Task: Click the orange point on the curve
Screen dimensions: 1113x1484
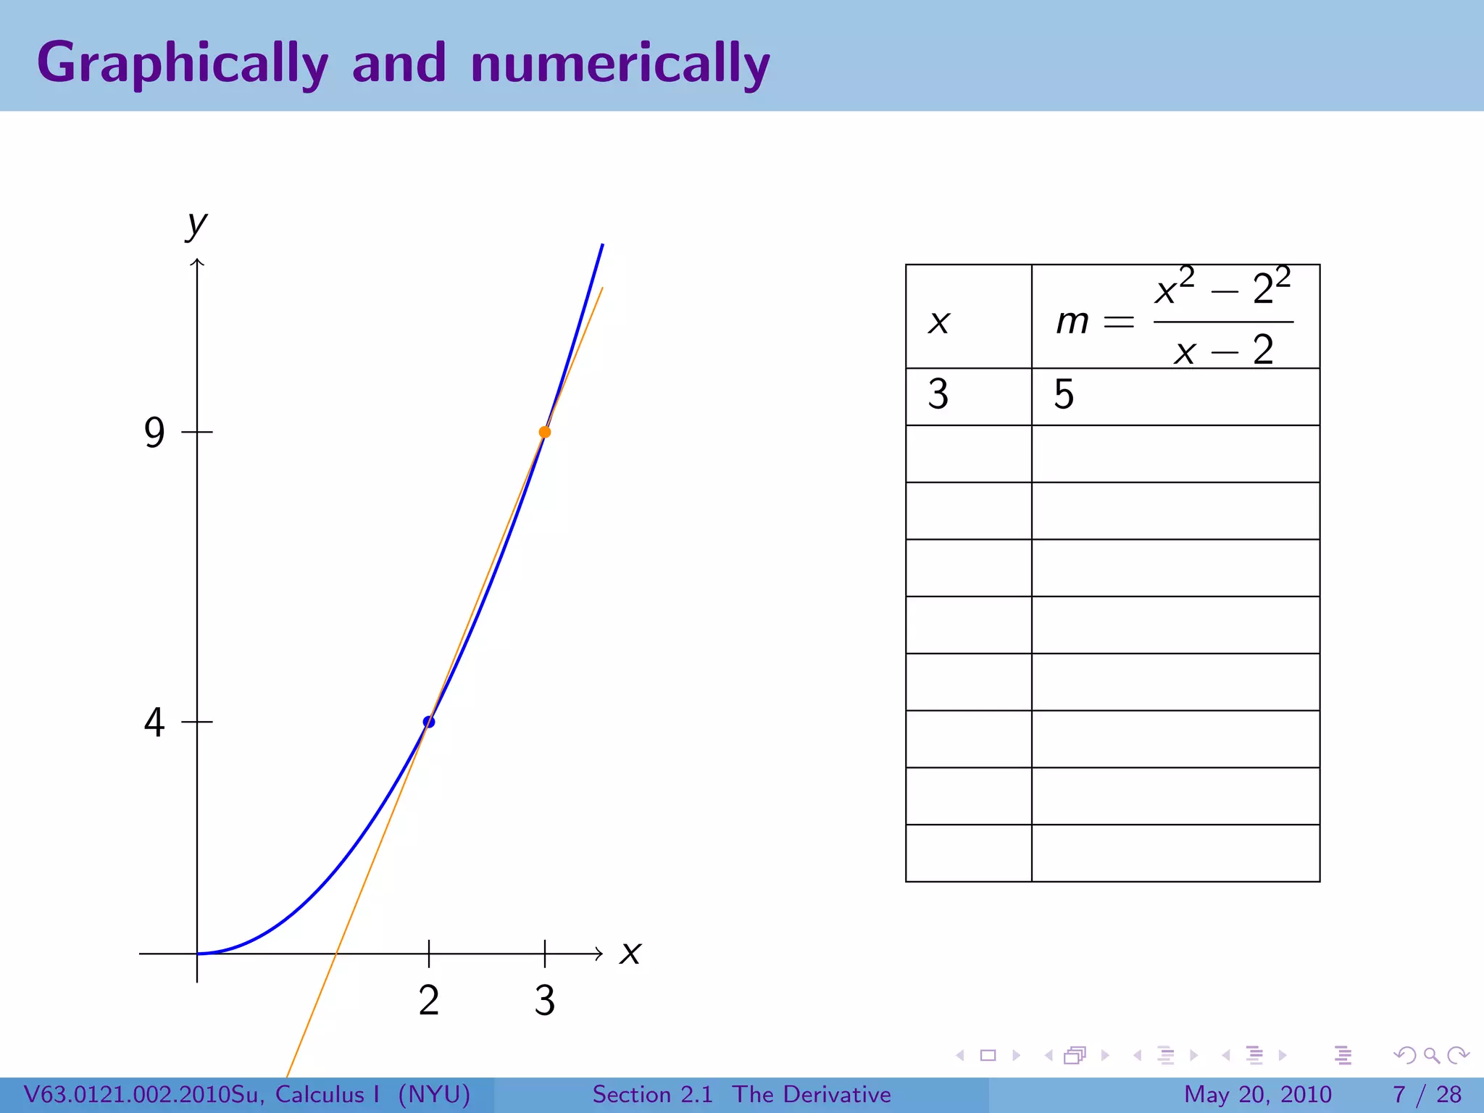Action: click(545, 433)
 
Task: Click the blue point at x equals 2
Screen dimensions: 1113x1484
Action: click(429, 722)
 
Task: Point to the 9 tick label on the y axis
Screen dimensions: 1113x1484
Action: click(154, 433)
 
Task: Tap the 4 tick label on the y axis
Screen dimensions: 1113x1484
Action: click(154, 722)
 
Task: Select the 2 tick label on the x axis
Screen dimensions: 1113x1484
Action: click(429, 1001)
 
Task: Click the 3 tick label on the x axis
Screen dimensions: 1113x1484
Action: click(545, 1001)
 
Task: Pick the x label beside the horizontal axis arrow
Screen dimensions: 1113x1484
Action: click(630, 953)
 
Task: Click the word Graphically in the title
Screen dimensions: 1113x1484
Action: click(183, 64)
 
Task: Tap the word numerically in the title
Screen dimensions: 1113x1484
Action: click(620, 64)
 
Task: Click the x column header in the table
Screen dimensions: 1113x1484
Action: click(939, 321)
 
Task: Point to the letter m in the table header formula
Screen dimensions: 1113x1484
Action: click(1072, 321)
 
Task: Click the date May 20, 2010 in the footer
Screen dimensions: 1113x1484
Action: click(1257, 1094)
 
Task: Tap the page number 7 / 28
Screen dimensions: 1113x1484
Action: click(1427, 1094)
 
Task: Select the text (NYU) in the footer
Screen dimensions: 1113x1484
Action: click(434, 1094)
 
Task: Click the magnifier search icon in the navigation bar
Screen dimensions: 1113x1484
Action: click(1431, 1055)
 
